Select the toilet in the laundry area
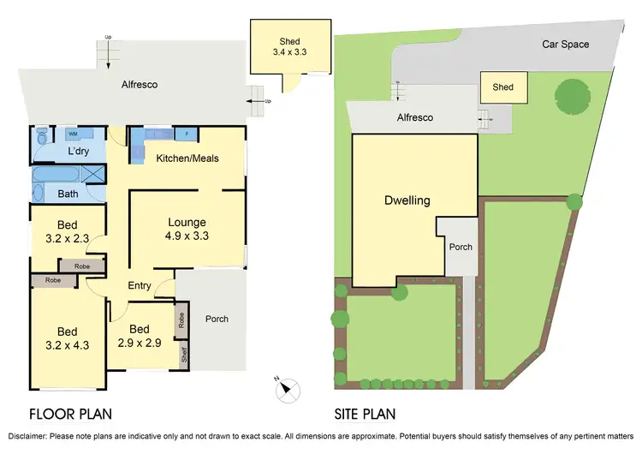pyautogui.click(x=42, y=137)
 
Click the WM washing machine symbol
pyautogui.click(x=73, y=134)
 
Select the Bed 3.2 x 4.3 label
pyautogui.click(x=67, y=338)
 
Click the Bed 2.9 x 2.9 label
pyautogui.click(x=140, y=335)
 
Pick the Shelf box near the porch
pyautogui.click(x=182, y=352)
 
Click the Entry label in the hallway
pyautogui.click(x=140, y=285)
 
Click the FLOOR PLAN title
pyautogui.click(x=71, y=415)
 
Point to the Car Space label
pyautogui.click(x=565, y=45)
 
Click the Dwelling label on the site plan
pyautogui.click(x=407, y=200)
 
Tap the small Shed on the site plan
pyautogui.click(x=502, y=87)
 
